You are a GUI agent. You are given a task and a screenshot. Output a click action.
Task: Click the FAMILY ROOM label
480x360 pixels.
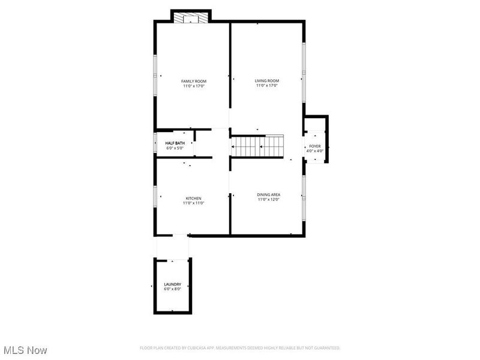coord(194,81)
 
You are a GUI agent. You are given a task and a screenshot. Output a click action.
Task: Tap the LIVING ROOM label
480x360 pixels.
coord(267,80)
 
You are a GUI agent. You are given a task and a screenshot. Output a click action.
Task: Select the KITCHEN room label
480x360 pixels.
coord(193,198)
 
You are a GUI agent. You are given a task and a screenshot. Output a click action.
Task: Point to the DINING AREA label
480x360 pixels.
coord(269,194)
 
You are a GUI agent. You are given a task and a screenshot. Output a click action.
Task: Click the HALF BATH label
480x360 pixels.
coord(175,143)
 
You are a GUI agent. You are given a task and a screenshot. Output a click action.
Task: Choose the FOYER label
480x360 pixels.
coord(315,146)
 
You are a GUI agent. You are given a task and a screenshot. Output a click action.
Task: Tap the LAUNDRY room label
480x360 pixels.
coord(173,284)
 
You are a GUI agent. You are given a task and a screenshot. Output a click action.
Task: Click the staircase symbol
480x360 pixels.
coord(257,145)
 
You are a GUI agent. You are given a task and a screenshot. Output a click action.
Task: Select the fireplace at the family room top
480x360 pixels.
coord(191,17)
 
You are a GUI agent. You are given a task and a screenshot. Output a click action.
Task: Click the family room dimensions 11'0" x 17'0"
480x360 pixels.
coord(194,86)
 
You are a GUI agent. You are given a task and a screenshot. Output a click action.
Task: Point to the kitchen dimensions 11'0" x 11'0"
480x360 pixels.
coord(193,203)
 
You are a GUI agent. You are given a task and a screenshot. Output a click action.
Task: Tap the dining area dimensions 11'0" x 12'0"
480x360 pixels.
coord(269,199)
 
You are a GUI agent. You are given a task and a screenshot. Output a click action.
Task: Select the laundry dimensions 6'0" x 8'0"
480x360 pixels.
coord(173,289)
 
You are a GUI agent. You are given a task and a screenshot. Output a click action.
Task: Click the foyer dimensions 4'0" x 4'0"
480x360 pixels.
coord(315,151)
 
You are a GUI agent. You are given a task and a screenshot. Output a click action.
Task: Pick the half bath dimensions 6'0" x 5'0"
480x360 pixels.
coord(175,148)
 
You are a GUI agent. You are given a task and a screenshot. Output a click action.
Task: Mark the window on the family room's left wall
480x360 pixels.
coord(155,75)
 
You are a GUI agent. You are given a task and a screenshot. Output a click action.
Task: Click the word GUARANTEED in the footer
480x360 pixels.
coord(326,348)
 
